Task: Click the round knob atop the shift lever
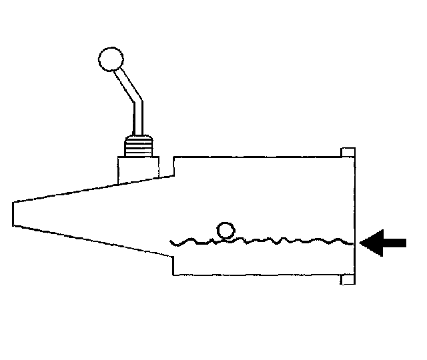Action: coord(110,59)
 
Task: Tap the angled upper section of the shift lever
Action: coord(127,83)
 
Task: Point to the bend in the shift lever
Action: coord(137,101)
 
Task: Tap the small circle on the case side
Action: coord(226,231)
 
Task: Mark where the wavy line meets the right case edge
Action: coord(352,243)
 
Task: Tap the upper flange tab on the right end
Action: coord(346,153)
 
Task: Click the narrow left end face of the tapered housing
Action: coord(13,213)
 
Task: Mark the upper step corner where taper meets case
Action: coord(173,157)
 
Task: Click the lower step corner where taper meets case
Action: coord(173,274)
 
